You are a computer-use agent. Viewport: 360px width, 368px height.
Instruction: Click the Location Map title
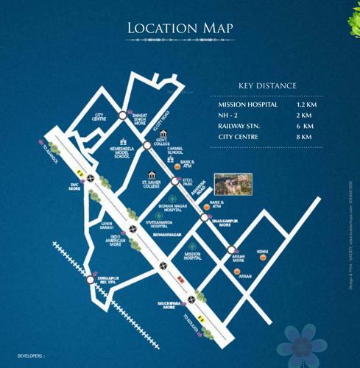180,27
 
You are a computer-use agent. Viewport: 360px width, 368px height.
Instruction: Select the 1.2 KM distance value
306,105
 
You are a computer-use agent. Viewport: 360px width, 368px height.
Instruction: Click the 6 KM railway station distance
305,127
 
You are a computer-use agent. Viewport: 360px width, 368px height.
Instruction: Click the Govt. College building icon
163,133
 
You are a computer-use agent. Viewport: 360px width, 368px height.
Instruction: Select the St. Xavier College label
152,185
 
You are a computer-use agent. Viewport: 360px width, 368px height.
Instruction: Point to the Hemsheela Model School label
122,152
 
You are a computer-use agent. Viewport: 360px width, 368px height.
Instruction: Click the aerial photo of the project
233,184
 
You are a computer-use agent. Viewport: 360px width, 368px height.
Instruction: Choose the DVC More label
74,187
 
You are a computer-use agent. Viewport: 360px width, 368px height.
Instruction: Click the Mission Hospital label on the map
193,256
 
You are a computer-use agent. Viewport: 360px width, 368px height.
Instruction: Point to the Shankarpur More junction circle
205,217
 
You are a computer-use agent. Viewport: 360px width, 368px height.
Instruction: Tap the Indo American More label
116,240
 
